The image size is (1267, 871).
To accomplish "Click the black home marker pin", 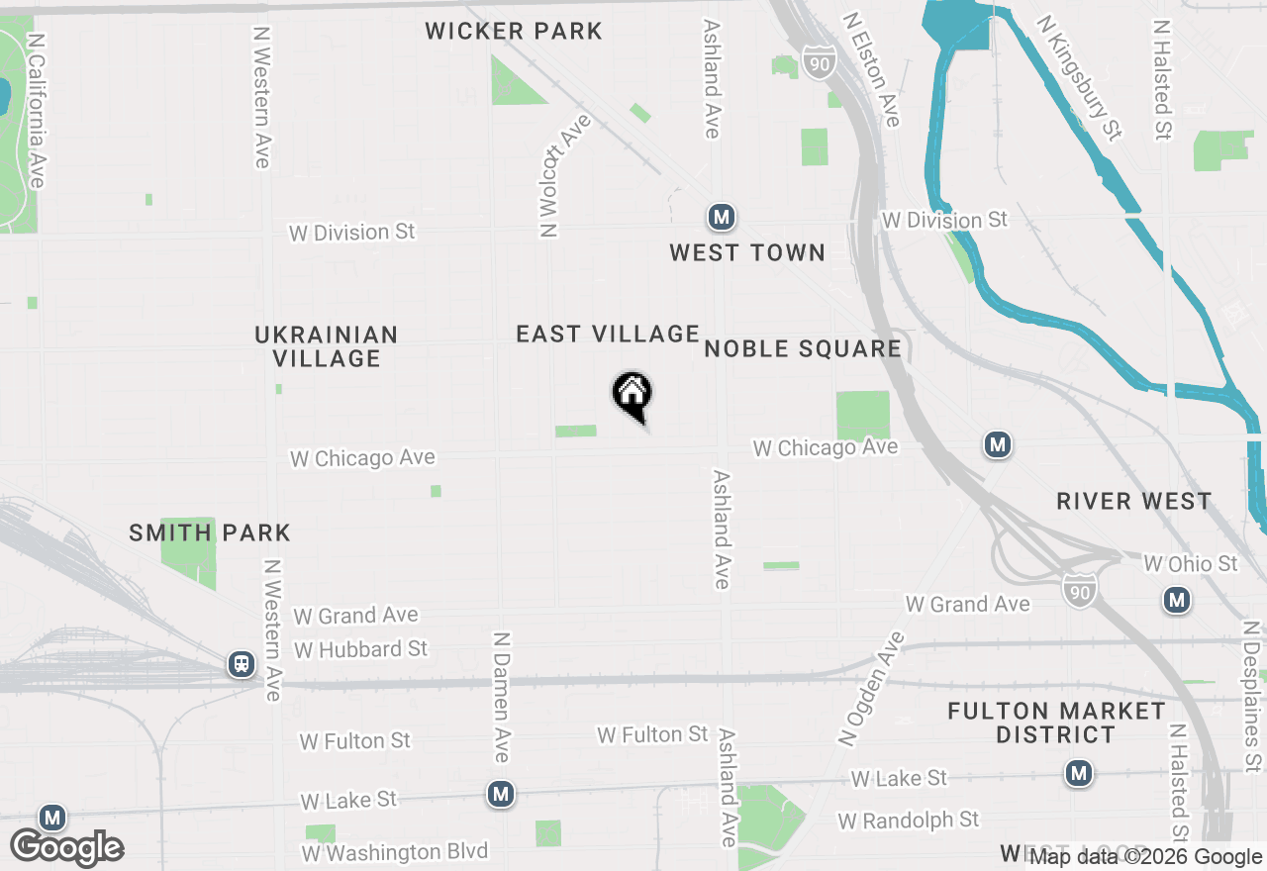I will click(x=632, y=395).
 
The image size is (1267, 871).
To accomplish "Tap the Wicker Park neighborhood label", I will click(x=514, y=31).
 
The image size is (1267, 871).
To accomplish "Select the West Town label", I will click(x=747, y=252).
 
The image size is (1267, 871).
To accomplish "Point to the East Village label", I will click(x=608, y=334).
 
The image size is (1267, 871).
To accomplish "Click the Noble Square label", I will click(x=803, y=348).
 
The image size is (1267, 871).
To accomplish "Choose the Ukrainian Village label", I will click(x=327, y=346).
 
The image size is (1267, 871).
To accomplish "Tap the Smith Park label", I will click(x=210, y=532).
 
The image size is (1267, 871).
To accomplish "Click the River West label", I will click(x=1133, y=501).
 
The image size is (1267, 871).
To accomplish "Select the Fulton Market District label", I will click(x=1056, y=723).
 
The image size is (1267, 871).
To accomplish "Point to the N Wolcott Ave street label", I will click(x=564, y=176).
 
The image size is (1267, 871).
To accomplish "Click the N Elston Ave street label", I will click(x=872, y=69).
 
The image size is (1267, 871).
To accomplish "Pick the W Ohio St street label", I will click(x=1190, y=563).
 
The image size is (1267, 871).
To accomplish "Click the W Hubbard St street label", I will click(x=360, y=649).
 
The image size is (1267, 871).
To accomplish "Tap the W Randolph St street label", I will click(x=908, y=821).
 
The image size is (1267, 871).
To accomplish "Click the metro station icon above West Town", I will click(x=722, y=217).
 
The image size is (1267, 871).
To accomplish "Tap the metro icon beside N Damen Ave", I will click(x=501, y=793).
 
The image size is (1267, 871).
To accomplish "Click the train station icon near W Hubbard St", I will click(x=242, y=664).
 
